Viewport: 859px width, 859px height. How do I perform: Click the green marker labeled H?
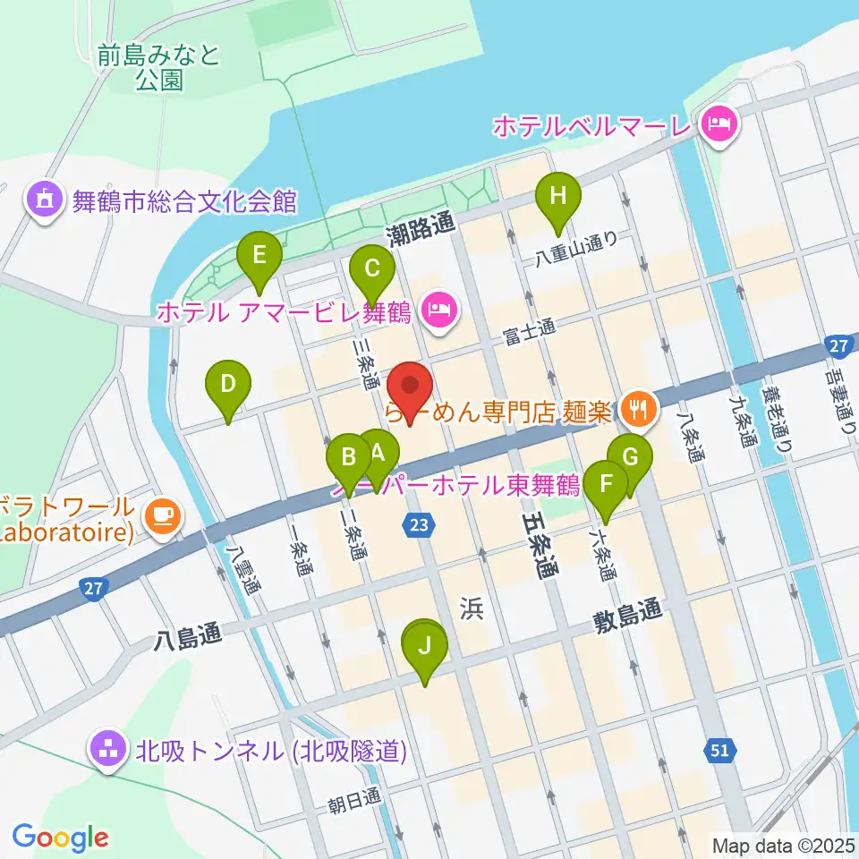(557, 196)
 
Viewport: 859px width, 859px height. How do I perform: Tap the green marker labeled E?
(259, 257)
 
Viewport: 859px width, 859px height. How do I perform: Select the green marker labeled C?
(371, 268)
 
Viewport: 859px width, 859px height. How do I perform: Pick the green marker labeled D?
(227, 386)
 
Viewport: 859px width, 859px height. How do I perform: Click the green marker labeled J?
(426, 645)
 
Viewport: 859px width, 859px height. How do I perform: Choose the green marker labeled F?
(606, 486)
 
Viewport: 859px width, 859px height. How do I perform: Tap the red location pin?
(411, 387)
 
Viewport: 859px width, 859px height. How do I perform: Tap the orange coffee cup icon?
(163, 515)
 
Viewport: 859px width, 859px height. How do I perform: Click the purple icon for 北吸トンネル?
(109, 750)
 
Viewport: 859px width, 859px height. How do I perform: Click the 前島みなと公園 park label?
(161, 68)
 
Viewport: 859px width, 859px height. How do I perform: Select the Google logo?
(60, 838)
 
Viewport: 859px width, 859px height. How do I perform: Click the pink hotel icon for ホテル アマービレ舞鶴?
(438, 311)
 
